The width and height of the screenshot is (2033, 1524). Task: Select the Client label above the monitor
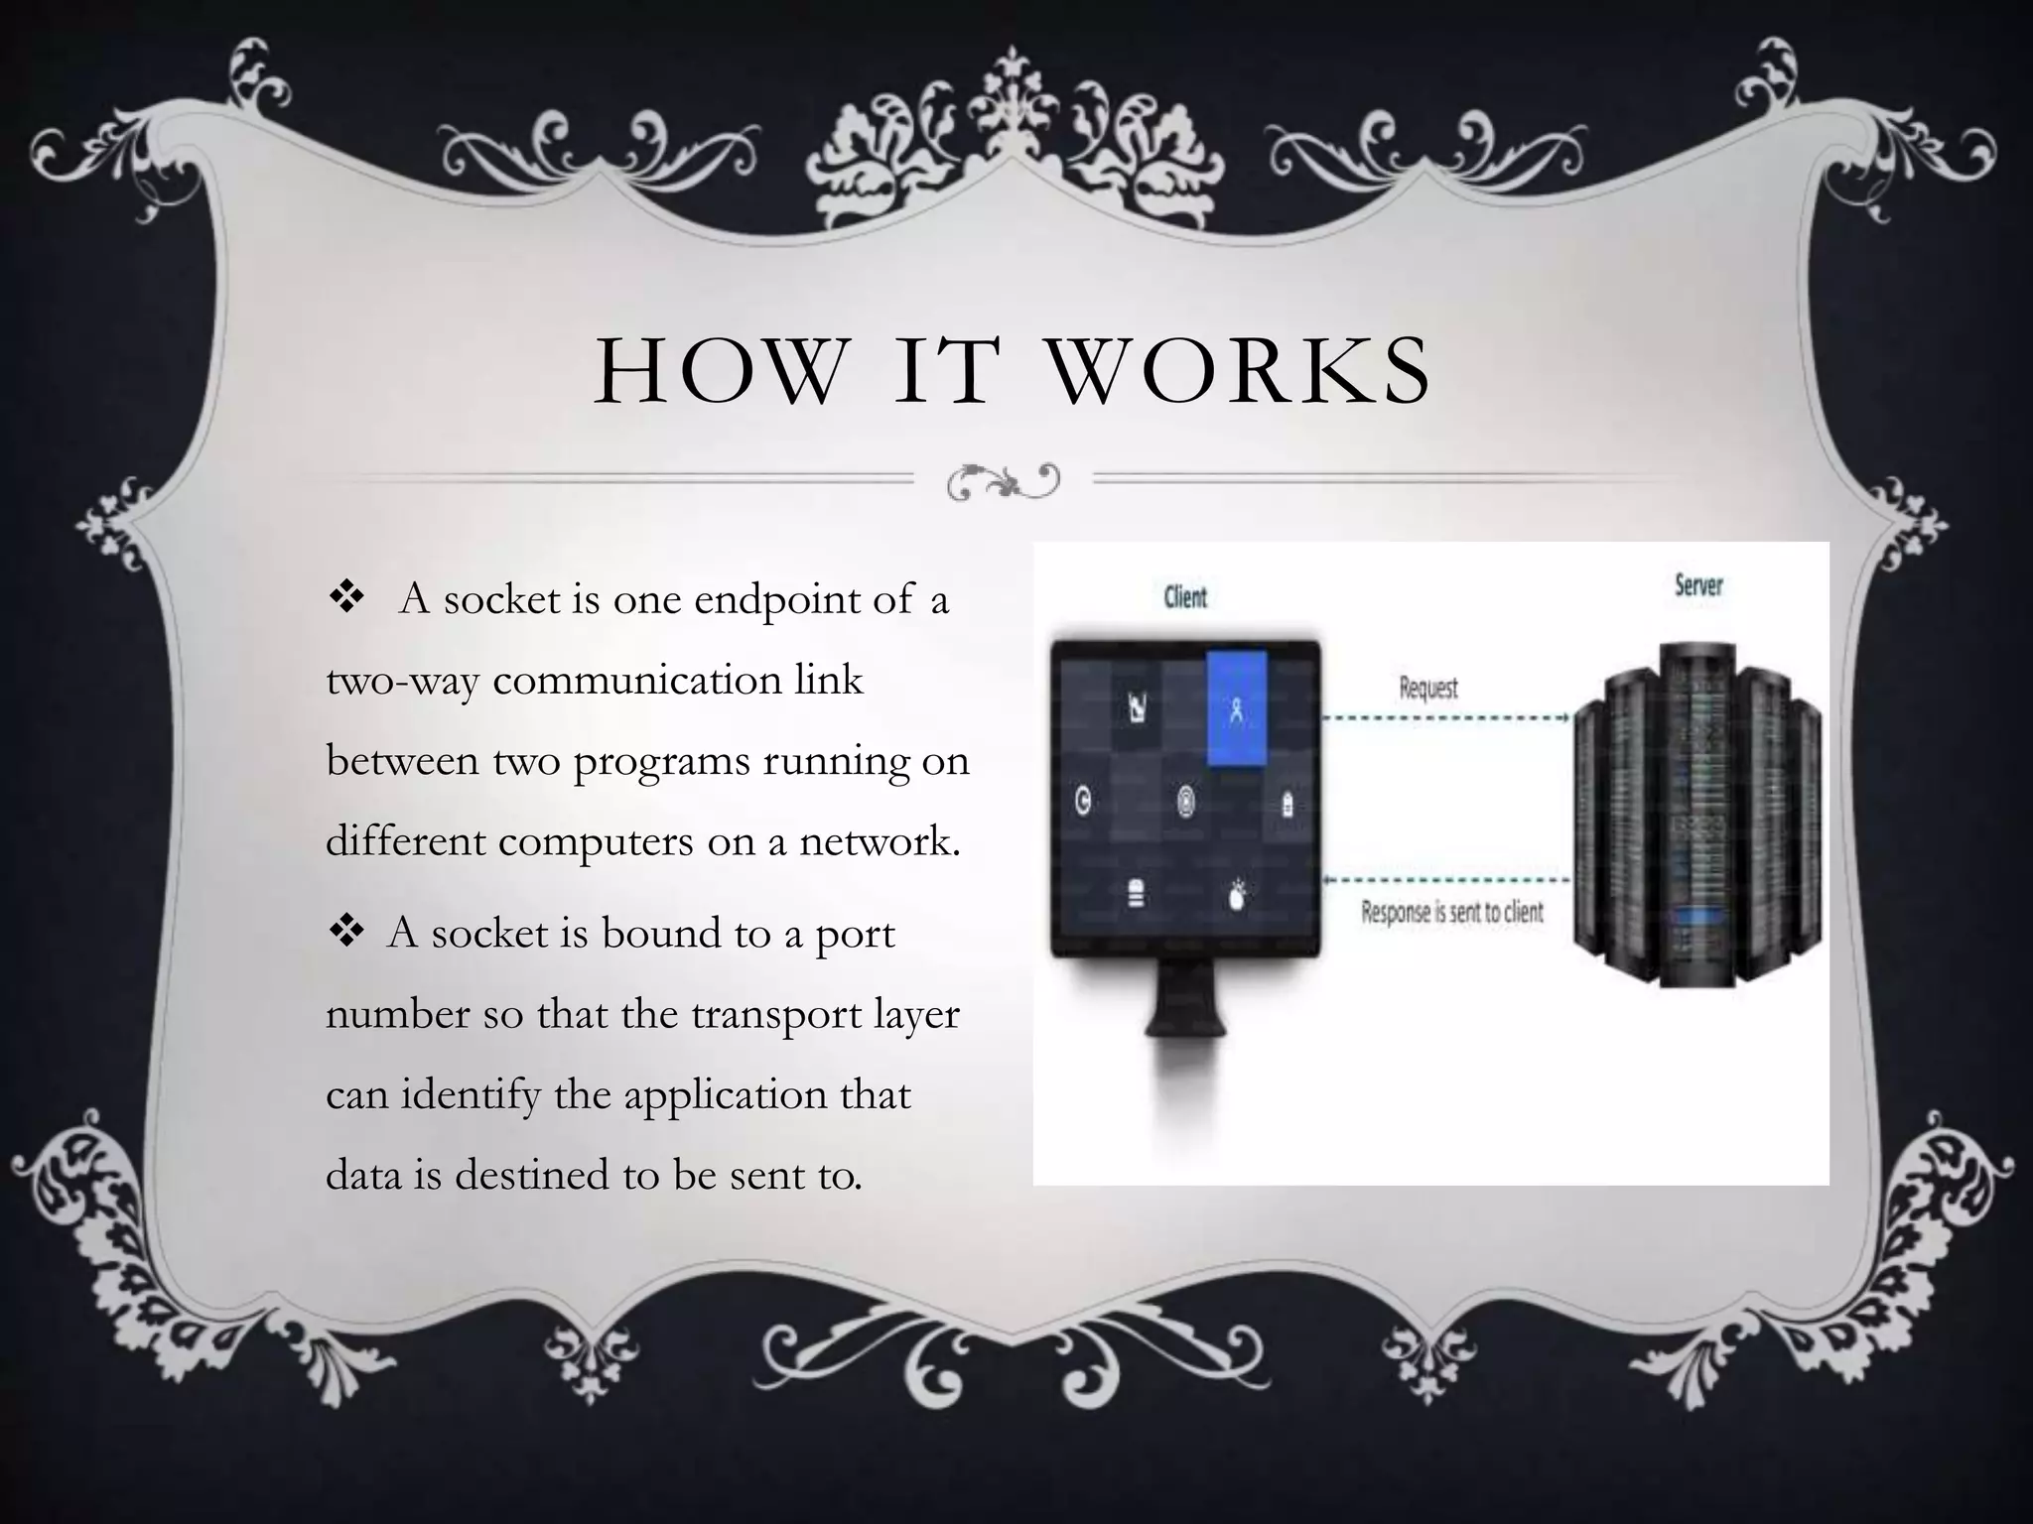point(1185,597)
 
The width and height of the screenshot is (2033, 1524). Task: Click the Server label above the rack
point(1698,585)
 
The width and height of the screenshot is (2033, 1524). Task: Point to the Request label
point(1427,688)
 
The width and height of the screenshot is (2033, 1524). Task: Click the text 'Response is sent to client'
point(1451,912)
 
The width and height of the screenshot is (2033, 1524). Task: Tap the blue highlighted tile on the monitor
point(1236,708)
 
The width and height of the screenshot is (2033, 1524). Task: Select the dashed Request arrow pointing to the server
point(1445,717)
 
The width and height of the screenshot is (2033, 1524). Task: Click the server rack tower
point(1697,814)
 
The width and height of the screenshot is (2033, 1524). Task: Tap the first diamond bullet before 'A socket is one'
point(347,599)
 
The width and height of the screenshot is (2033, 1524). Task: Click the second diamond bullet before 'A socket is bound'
point(347,934)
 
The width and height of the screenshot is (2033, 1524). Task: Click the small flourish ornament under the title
point(1003,481)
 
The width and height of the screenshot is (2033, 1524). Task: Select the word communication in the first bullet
point(636,682)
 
